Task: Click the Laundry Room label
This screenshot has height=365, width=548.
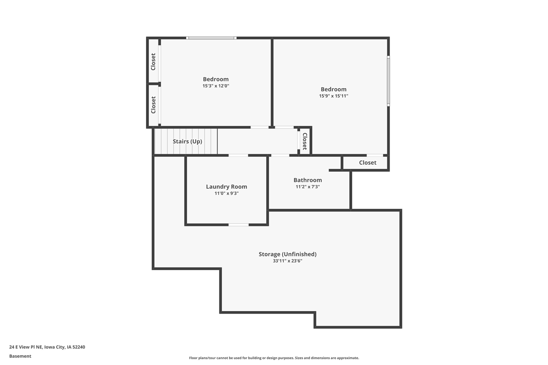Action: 226,187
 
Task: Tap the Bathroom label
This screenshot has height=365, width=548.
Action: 307,180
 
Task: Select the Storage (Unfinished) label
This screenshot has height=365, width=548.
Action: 287,254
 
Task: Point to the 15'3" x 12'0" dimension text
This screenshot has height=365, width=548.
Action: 215,86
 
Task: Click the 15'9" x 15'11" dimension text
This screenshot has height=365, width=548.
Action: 334,96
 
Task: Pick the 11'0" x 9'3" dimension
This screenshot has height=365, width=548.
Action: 226,193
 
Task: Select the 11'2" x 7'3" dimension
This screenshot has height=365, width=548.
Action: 307,187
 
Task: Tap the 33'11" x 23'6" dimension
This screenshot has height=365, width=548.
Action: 287,261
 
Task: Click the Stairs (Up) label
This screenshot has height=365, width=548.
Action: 187,142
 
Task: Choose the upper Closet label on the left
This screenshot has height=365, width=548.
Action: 153,62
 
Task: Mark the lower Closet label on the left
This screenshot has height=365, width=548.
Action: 153,105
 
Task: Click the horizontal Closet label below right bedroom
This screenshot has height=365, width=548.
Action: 367,163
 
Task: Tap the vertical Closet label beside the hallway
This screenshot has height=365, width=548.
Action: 305,141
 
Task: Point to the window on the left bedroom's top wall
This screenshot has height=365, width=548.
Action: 211,38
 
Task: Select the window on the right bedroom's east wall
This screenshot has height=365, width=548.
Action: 388,81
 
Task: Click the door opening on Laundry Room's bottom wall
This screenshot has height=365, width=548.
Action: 238,225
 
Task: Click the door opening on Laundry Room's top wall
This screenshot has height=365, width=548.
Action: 238,155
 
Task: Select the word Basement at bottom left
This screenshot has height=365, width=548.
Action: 20,356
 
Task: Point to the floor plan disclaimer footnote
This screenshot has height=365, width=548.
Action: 274,358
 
